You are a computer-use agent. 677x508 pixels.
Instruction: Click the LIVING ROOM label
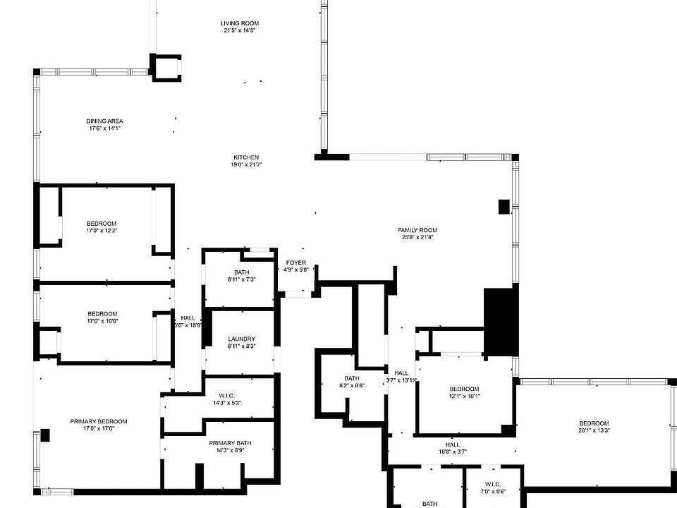240,23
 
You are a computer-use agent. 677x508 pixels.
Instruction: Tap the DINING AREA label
105,121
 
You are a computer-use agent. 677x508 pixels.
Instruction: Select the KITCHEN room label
247,157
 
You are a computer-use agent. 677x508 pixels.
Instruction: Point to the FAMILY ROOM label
417,230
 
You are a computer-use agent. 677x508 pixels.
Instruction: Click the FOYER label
295,262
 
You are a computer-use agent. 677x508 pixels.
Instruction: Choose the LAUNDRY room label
241,339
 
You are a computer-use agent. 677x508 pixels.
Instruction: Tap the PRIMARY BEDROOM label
98,421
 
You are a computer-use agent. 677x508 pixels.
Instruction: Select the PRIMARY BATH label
230,443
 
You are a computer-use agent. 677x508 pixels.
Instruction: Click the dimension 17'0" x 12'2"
102,231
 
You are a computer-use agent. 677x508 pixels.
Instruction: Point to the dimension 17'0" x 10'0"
102,321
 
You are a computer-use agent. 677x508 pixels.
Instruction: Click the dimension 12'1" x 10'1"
464,396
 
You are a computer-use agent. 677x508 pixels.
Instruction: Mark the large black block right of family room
501,322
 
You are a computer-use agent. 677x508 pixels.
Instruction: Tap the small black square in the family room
504,206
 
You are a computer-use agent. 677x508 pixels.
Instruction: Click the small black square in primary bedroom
45,435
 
